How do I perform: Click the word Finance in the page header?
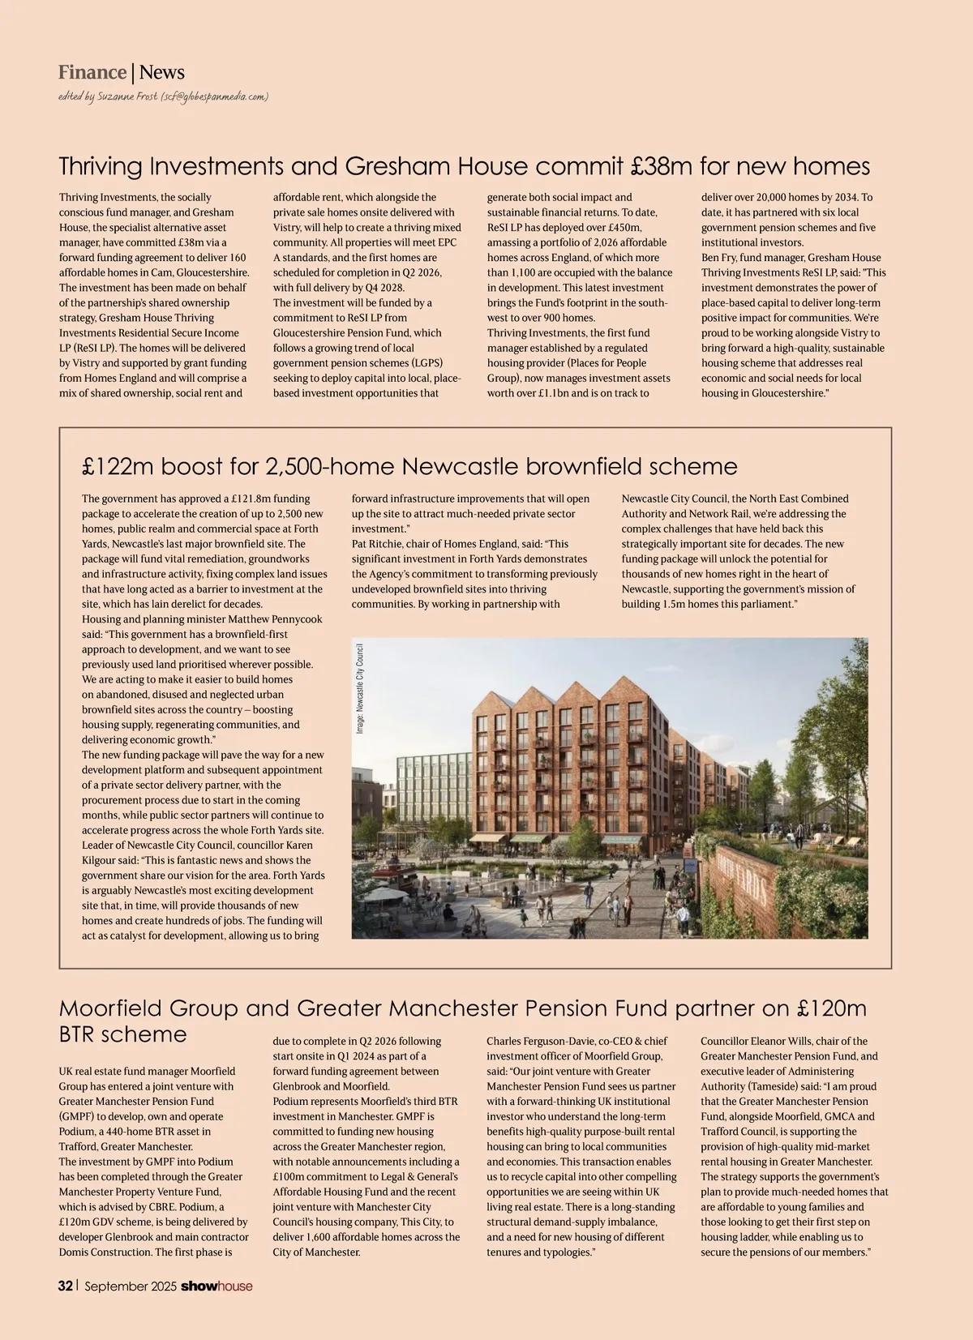(92, 73)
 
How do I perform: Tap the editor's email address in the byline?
(214, 96)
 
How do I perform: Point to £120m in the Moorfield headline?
(832, 1008)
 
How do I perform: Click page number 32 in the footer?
(66, 1286)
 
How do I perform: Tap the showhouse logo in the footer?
(216, 1286)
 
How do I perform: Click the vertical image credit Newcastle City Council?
(359, 689)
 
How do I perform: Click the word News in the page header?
(162, 73)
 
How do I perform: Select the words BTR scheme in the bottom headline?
(122, 1034)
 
